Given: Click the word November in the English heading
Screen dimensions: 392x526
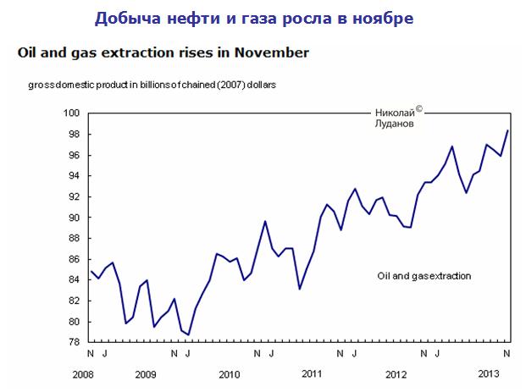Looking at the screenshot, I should tap(269, 52).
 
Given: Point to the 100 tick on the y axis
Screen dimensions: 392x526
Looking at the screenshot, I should tap(72, 113).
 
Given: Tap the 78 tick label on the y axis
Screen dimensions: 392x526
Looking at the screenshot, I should tap(75, 342).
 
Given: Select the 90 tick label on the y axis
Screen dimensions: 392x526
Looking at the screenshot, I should tap(75, 218).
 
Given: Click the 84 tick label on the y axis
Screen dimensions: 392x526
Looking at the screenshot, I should tap(75, 280).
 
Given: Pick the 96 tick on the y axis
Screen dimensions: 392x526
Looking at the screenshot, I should tap(75, 155).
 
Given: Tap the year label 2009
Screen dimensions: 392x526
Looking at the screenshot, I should tap(146, 373).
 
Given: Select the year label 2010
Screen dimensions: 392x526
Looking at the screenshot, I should tap(229, 373).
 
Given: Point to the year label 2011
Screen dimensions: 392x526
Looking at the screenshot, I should tap(312, 373).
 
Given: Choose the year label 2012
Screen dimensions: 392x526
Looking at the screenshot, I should tap(396, 373).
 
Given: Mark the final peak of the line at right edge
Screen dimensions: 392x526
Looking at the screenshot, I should tap(507, 130).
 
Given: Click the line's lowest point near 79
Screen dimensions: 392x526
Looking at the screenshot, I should tap(187, 334).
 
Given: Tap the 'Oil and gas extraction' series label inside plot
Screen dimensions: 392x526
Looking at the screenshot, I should tap(424, 276).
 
